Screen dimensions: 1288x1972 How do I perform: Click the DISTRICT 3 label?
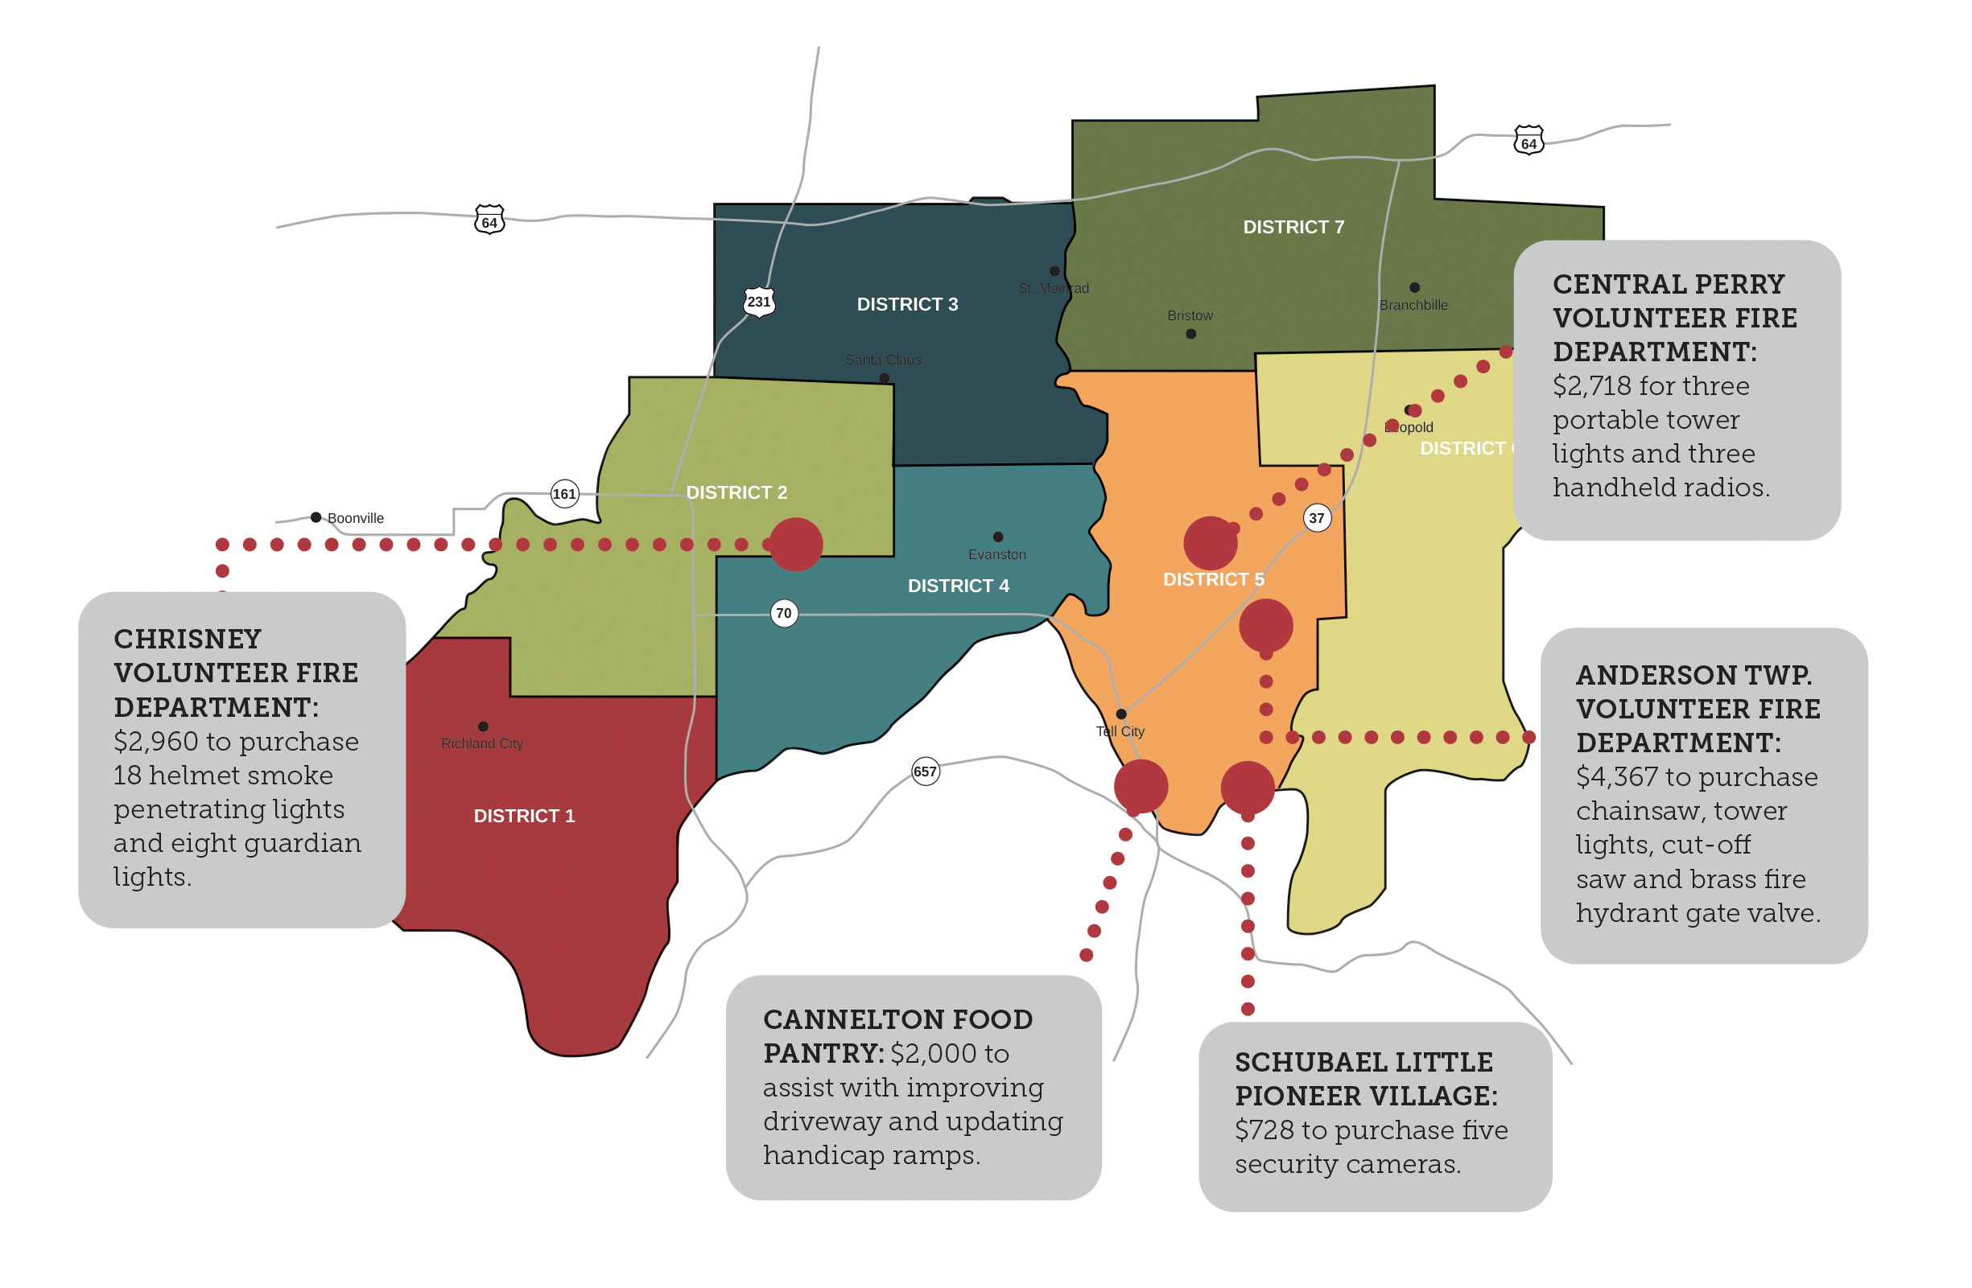click(907, 304)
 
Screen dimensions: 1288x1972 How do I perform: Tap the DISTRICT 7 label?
click(1293, 227)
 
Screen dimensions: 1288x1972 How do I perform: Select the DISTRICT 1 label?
click(524, 816)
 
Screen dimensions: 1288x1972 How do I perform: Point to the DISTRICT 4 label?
click(958, 586)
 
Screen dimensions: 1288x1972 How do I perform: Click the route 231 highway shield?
click(759, 302)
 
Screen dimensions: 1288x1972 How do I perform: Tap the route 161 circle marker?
click(564, 495)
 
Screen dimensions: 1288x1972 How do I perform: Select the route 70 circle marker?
click(784, 614)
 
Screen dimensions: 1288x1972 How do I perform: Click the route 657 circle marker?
click(925, 772)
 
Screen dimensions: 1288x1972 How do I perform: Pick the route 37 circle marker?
click(1317, 519)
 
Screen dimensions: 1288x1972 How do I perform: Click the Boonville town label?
click(356, 519)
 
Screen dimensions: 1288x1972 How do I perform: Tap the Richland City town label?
click(482, 744)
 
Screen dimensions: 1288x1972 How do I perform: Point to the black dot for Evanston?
click(997, 537)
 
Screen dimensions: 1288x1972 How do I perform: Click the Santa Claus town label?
click(883, 360)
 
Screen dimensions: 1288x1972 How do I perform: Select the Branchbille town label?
click(1413, 305)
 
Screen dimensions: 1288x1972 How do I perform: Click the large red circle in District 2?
click(796, 544)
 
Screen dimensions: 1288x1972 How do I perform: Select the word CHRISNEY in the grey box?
click(188, 639)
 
